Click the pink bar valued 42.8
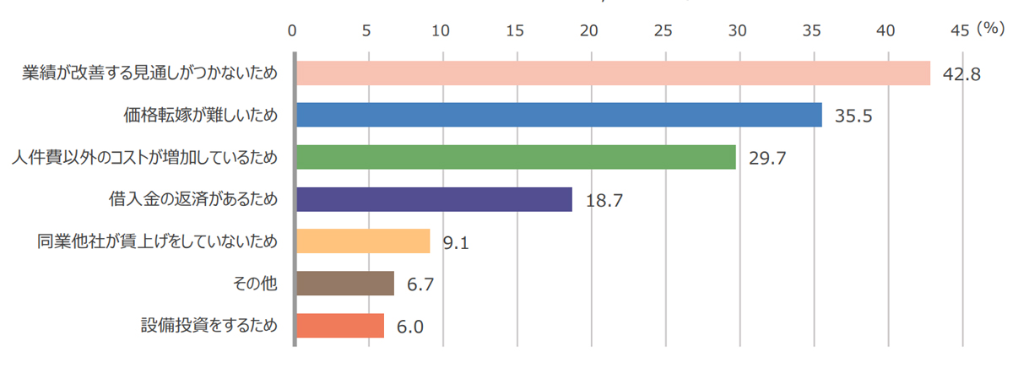612,73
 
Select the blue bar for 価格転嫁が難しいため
558,115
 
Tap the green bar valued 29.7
515,157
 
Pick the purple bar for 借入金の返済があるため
433,199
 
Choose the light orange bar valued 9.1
362,241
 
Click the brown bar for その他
344,284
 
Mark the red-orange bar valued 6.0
339,326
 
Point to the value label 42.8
962,74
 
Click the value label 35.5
853,116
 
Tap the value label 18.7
604,201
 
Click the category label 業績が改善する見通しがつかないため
149,73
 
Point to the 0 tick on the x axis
292,30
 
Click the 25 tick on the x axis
664,30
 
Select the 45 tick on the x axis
960,30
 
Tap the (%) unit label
989,29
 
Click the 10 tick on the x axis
441,30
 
